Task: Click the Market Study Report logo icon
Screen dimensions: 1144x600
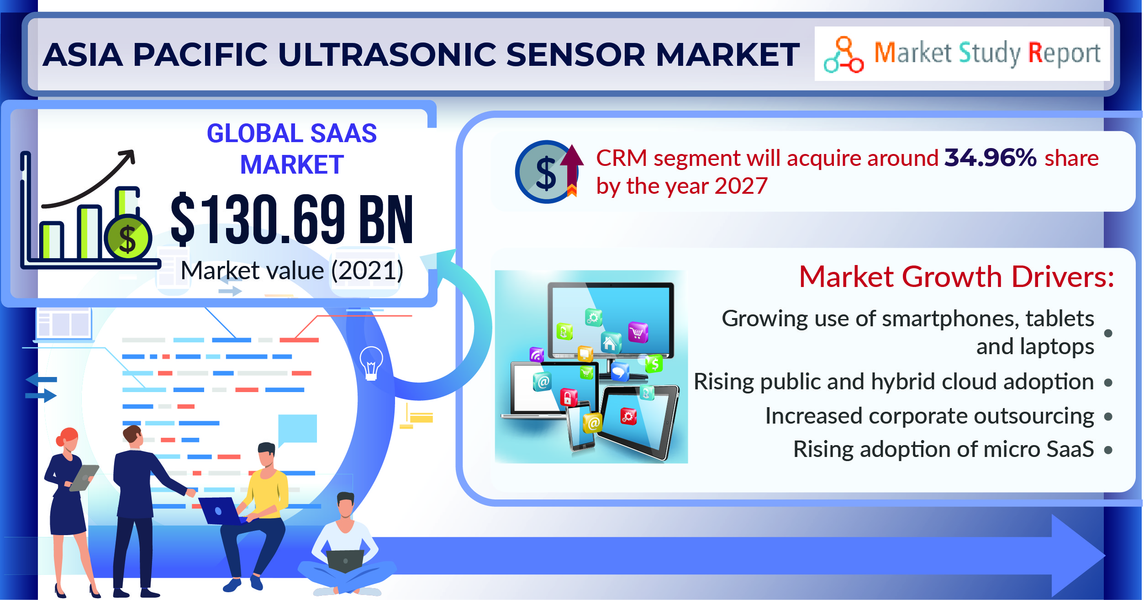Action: tap(844, 54)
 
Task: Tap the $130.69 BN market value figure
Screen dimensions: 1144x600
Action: tap(292, 218)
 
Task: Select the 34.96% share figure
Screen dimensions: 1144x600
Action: tap(990, 158)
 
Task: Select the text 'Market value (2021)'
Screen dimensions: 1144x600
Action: tap(292, 271)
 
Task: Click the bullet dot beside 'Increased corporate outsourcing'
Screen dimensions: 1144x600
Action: tap(1108, 416)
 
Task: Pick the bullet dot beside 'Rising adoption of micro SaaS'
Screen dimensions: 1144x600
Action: tap(1108, 450)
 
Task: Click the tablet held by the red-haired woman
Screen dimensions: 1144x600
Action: tap(84, 478)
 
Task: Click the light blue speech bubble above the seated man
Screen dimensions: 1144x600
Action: tap(297, 430)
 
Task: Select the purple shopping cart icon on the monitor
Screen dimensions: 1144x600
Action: tap(638, 332)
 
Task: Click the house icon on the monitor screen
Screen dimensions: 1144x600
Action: tap(610, 342)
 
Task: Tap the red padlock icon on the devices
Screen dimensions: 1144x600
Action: tap(569, 397)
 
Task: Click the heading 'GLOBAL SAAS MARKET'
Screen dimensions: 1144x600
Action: tap(292, 149)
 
